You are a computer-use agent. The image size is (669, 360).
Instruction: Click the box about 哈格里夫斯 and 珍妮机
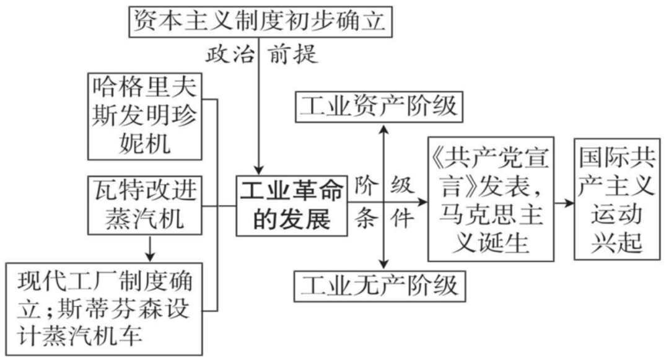(145, 116)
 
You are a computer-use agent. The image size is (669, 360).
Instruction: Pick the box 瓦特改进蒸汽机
(145, 204)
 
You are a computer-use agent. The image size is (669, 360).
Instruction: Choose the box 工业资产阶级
(378, 107)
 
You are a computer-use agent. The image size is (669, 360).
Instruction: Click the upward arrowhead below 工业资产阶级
(385, 130)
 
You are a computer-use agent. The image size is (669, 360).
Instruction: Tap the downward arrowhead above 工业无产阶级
(385, 261)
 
